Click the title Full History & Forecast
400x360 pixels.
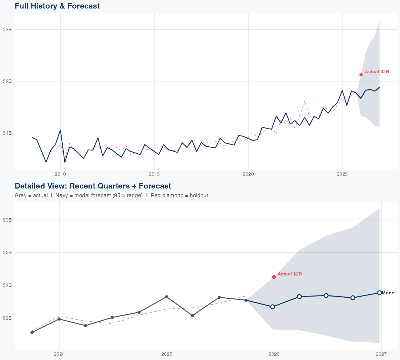pyautogui.click(x=57, y=6)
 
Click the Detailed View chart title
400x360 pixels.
pyautogui.click(x=93, y=186)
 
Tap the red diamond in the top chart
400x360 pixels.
pyautogui.click(x=361, y=75)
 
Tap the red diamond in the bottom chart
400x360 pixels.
pyautogui.click(x=274, y=277)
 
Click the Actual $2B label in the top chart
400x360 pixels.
pyautogui.click(x=377, y=71)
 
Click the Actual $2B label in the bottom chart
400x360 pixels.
pyautogui.click(x=290, y=274)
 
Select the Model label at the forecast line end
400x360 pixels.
pyautogui.click(x=389, y=293)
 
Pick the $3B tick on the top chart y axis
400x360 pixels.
pyautogui.click(x=7, y=30)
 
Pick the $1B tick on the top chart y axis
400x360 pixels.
pyautogui.click(x=7, y=133)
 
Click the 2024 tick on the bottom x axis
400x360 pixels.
pyautogui.click(x=59, y=354)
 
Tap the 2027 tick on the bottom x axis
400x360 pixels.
pyautogui.click(x=381, y=354)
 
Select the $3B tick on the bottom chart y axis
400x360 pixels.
pyautogui.click(x=7, y=220)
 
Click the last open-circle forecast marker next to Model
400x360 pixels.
pyautogui.click(x=379, y=293)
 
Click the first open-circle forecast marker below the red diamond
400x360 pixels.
pyautogui.click(x=273, y=307)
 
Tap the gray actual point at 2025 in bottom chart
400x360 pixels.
pyautogui.click(x=166, y=297)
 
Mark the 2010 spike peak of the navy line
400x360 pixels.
pyautogui.click(x=60, y=130)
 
